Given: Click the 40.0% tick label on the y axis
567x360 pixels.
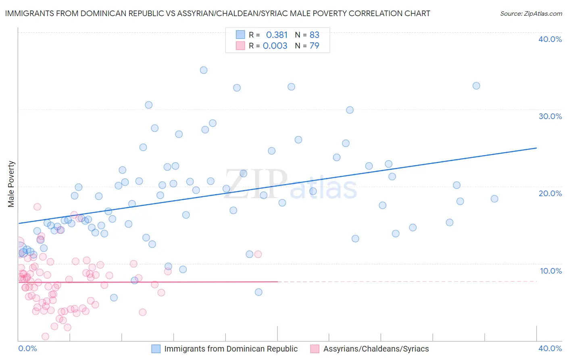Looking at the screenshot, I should pyautogui.click(x=550, y=39).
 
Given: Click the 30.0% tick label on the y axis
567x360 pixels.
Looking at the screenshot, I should pyautogui.click(x=550, y=116).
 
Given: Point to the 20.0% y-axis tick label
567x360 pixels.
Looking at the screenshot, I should pyautogui.click(x=550, y=193).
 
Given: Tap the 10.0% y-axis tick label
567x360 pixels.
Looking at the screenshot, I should pyautogui.click(x=551, y=271).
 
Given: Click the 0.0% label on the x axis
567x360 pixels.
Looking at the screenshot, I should pyautogui.click(x=27, y=348).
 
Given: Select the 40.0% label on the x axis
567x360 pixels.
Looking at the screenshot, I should pyautogui.click(x=550, y=348).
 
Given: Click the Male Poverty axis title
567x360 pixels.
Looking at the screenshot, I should pyautogui.click(x=11, y=184).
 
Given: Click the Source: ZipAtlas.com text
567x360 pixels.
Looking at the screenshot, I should pyautogui.click(x=531, y=13).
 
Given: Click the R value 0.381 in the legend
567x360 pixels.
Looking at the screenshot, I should pyautogui.click(x=277, y=35).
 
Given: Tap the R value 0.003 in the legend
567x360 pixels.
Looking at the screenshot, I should pyautogui.click(x=275, y=46).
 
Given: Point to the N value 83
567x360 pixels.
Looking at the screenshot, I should pyautogui.click(x=315, y=35).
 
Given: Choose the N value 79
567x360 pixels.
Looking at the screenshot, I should pyautogui.click(x=315, y=46).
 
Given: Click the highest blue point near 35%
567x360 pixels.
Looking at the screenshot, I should pyautogui.click(x=204, y=70).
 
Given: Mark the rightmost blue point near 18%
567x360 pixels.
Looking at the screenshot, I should pyautogui.click(x=494, y=199).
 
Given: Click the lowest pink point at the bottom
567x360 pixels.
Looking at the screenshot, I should pyautogui.click(x=46, y=337).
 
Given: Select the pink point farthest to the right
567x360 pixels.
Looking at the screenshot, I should pyautogui.click(x=258, y=254).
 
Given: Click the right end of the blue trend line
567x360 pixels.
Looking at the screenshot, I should pyautogui.click(x=536, y=148).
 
